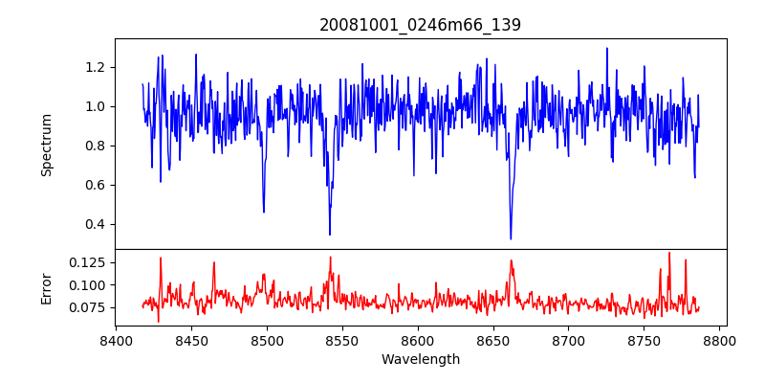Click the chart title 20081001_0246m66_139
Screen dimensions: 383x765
420,25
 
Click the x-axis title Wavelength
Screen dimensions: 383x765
420,360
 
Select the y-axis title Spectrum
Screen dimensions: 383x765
47,145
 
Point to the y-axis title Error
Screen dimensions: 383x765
47,286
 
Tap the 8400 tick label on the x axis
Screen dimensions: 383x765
116,341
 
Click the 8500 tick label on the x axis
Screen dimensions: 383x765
267,341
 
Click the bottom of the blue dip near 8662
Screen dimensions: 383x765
511,238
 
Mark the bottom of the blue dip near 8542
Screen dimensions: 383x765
330,235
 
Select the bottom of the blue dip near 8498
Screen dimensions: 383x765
264,212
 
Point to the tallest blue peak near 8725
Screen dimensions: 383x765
606,48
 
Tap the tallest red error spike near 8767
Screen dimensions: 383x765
669,253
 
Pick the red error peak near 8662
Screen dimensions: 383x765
512,259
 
